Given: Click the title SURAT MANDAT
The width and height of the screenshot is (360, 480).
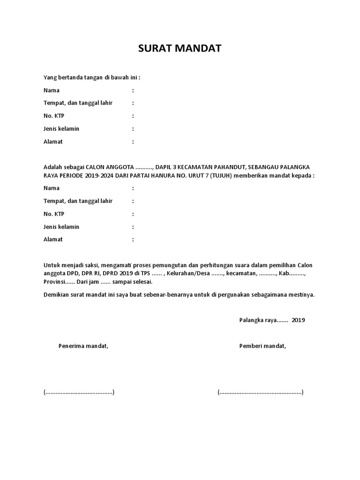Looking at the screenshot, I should click(x=180, y=48).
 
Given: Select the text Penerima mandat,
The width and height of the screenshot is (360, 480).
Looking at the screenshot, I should click(x=83, y=346).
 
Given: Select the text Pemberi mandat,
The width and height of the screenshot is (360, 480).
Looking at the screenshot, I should click(x=262, y=346).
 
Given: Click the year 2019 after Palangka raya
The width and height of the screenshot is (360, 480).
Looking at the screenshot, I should click(x=298, y=321).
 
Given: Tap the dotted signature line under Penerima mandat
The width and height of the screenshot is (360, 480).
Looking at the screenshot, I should click(x=79, y=392).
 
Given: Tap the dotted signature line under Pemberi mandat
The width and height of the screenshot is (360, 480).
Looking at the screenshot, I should click(x=260, y=392).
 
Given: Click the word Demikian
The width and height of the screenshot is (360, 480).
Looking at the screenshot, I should click(x=56, y=295).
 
